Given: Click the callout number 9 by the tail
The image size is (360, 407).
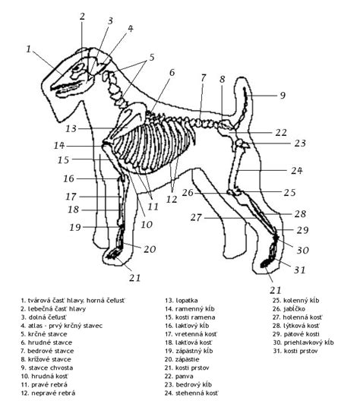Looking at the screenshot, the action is tap(283, 96).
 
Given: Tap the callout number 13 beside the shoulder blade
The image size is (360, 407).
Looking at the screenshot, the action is tap(71, 128).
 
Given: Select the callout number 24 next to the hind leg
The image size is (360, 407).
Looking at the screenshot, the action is tap(297, 171).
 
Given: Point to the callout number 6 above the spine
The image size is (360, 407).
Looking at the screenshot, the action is tap(172, 73).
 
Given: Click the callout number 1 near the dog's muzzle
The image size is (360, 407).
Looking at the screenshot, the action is tap(29, 49).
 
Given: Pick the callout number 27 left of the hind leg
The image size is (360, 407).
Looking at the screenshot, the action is tap(196, 217).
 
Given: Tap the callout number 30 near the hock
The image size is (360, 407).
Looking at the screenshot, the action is tap(302, 251).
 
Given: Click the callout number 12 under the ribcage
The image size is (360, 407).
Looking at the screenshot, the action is tap(172, 200).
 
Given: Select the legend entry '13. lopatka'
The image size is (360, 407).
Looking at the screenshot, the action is tap(182, 301).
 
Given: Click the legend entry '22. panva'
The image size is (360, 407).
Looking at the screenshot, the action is tap(178, 376).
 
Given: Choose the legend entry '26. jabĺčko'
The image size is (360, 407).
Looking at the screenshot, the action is tap(289, 309).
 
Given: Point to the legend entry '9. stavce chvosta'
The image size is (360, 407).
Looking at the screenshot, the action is tap(47, 368).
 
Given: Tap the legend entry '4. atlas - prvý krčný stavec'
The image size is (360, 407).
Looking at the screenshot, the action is tap(62, 326).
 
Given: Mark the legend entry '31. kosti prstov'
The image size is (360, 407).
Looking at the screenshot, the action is tap(295, 351).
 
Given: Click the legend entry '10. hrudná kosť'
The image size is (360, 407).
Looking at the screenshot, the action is tap(44, 376).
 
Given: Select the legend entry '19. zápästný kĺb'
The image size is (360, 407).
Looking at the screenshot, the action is tap(188, 351).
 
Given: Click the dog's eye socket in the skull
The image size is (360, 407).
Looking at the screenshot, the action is tap(77, 68).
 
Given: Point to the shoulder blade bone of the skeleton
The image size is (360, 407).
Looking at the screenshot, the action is tap(128, 122).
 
